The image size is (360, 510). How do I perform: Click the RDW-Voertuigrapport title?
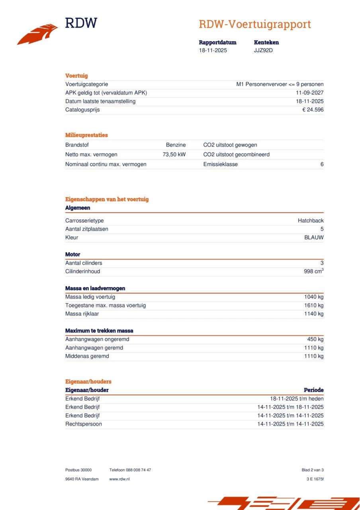[254, 24]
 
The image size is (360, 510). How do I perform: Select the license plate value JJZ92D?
[264, 51]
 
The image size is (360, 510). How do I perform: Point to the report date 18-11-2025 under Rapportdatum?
[213, 51]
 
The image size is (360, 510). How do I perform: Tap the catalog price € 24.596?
[313, 110]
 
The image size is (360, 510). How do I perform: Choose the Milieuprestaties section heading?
[86, 135]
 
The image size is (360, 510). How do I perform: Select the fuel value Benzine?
[176, 145]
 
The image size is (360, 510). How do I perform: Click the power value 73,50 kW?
[174, 155]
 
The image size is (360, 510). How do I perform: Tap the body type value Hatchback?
[311, 221]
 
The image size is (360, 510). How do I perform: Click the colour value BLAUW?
[314, 237]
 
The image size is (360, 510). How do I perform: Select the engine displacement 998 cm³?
[313, 271]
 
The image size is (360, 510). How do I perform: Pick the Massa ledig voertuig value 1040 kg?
[314, 297]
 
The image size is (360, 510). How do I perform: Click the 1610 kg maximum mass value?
[314, 306]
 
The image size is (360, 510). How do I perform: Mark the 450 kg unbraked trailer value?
[315, 339]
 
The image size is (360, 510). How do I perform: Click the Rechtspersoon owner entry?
[84, 424]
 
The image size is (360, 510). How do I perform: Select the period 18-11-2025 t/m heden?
[297, 399]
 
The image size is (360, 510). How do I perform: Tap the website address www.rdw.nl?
[119, 479]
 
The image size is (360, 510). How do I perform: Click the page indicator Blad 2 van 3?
[313, 470]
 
